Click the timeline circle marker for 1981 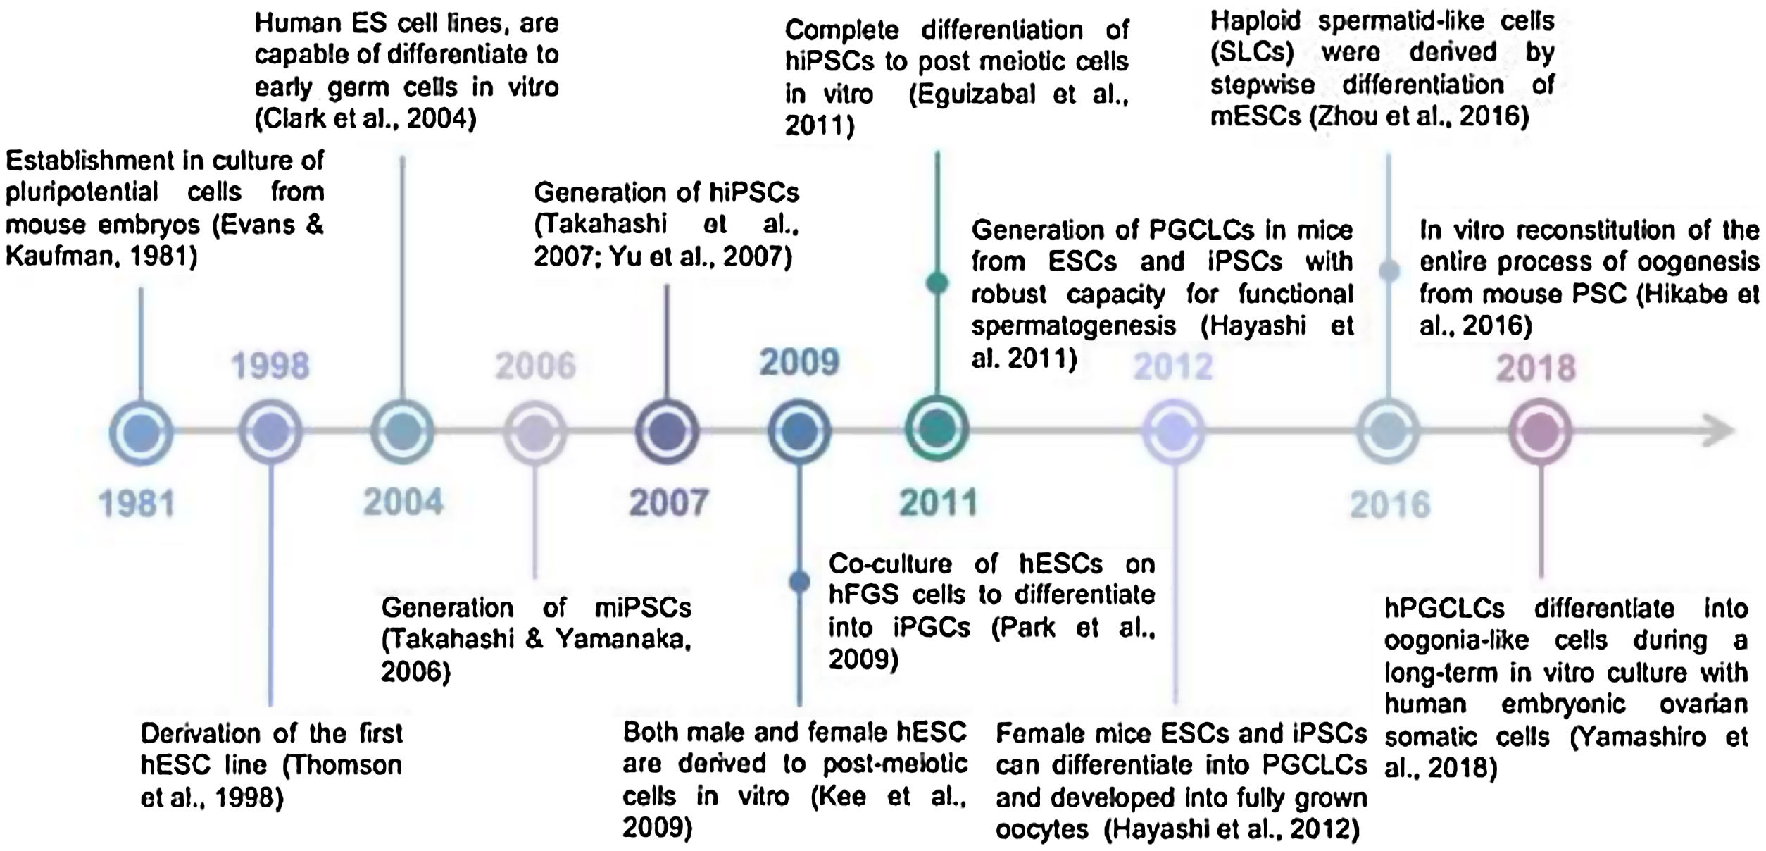141,431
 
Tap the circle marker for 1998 271,431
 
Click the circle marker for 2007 668,431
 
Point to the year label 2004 403,502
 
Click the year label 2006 535,366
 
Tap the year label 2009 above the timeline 799,362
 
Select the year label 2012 1173,366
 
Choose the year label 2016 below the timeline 1390,505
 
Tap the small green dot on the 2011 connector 937,282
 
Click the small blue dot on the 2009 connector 799,581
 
